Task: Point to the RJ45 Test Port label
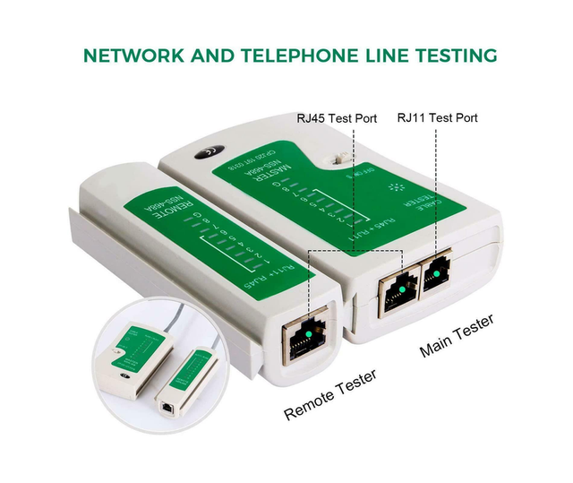(x=337, y=118)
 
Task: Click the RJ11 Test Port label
(x=437, y=118)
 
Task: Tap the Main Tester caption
(x=457, y=336)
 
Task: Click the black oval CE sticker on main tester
(x=209, y=153)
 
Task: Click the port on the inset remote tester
(x=171, y=402)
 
